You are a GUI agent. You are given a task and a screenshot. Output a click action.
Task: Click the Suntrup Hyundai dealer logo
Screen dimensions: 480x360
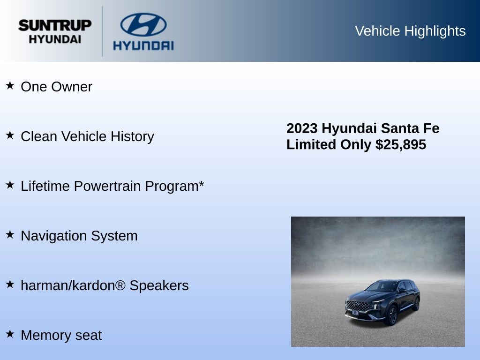(x=55, y=31)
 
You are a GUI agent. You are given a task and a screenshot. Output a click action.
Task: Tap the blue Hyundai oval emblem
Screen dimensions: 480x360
(x=143, y=24)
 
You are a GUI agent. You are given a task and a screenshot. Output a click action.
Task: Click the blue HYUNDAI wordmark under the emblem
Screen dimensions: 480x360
(x=143, y=45)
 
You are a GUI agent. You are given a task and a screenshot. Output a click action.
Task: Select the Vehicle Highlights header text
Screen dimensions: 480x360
(x=410, y=31)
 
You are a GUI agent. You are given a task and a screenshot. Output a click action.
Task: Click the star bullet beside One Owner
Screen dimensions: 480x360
(x=10, y=85)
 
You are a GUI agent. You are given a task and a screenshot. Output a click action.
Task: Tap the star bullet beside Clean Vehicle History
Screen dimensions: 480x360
(x=10, y=135)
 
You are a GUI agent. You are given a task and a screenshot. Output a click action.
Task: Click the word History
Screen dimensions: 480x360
(x=132, y=136)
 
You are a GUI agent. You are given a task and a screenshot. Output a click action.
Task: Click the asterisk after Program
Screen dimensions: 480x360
(x=202, y=184)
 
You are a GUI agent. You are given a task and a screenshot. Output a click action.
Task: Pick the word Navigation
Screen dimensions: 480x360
(x=54, y=236)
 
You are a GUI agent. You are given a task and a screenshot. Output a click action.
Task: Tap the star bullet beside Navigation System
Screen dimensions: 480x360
(x=10, y=234)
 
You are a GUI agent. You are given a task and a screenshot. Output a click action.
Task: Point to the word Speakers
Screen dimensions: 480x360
(x=159, y=286)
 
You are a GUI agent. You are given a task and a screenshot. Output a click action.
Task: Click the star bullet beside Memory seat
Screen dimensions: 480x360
(x=10, y=334)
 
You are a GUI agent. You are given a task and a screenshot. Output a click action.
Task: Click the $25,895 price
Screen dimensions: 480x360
(x=401, y=144)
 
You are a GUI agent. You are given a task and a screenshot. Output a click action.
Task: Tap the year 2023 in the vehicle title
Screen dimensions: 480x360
(x=302, y=128)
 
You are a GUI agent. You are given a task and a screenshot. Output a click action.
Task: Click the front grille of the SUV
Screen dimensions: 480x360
(x=358, y=306)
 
